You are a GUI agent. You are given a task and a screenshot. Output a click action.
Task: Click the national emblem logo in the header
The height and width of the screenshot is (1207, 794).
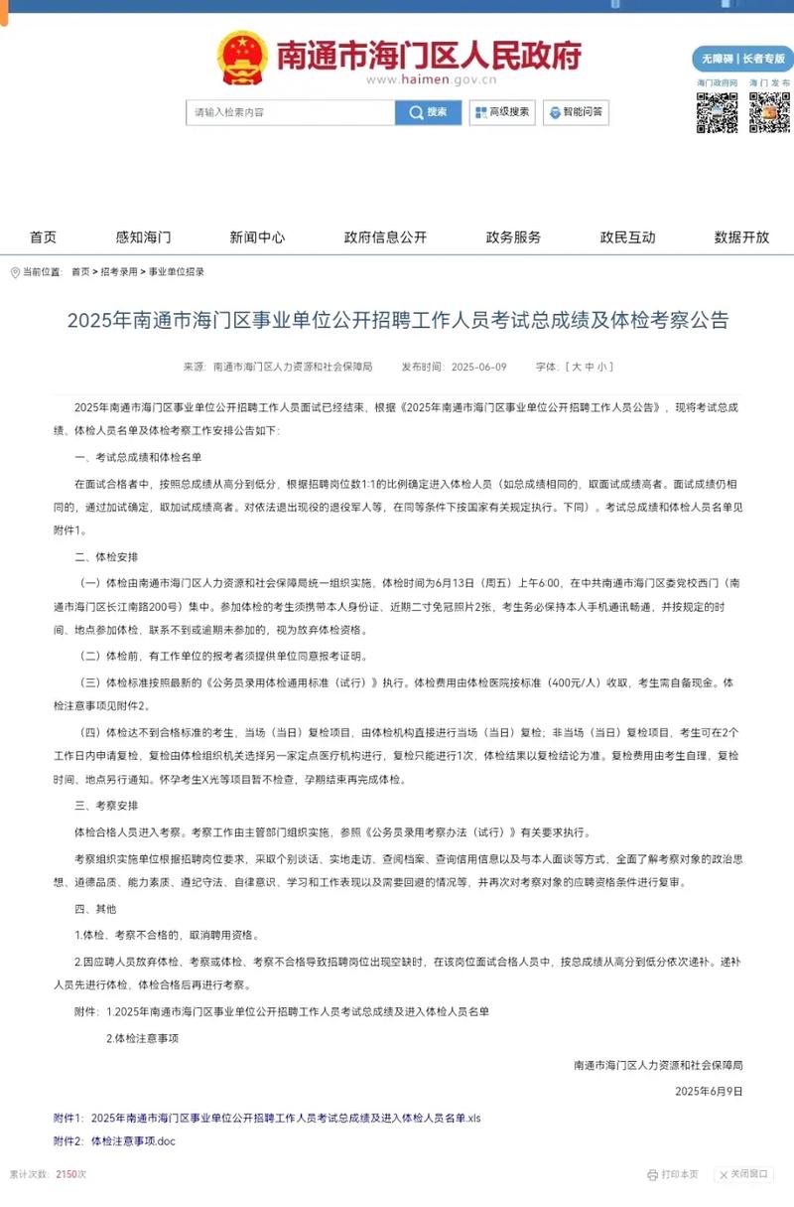242,57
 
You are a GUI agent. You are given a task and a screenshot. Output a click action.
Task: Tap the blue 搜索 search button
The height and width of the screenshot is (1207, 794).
428,112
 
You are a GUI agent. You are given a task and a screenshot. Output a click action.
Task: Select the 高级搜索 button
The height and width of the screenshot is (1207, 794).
502,112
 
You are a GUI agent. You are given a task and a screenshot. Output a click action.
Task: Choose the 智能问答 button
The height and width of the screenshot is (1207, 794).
576,112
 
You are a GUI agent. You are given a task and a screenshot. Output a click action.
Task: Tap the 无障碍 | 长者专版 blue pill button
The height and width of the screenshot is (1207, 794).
742,58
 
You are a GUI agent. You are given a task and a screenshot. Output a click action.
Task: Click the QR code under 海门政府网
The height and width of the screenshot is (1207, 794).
717,113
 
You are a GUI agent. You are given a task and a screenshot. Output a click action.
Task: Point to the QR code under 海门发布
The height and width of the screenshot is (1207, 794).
769,113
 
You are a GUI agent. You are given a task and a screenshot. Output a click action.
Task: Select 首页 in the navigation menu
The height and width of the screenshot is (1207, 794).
43,237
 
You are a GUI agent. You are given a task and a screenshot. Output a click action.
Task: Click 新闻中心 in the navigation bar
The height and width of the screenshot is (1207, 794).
257,237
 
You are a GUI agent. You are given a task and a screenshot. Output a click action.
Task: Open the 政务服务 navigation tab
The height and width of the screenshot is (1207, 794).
513,237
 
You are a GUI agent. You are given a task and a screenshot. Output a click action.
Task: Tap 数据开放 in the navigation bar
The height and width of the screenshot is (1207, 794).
741,237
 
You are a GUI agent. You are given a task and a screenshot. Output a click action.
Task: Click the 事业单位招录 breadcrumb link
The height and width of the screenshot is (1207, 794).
177,271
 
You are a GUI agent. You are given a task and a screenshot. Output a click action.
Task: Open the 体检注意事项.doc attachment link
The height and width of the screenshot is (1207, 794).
133,1141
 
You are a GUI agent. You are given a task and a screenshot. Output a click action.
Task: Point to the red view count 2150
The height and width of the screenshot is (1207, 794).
66,1174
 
